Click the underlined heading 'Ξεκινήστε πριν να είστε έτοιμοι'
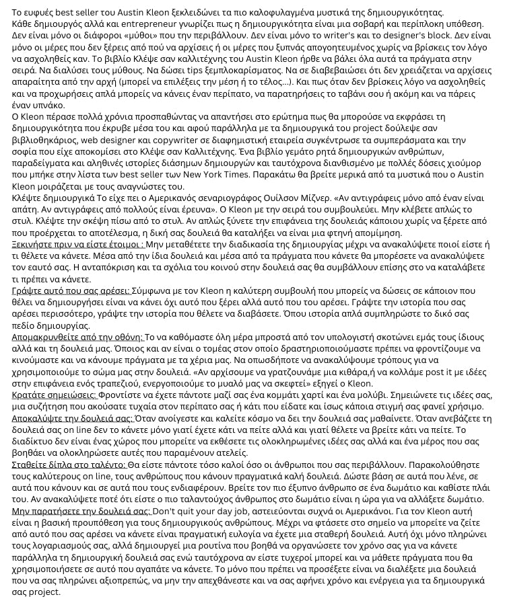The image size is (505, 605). click(x=77, y=245)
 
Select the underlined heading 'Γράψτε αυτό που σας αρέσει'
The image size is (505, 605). click(x=71, y=290)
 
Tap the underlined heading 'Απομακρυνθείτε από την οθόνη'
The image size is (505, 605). click(x=77, y=337)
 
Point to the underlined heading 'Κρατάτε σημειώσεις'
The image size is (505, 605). click(x=55, y=395)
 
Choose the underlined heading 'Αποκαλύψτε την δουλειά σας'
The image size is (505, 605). click(x=73, y=418)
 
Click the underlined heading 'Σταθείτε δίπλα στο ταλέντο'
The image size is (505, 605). click(x=68, y=465)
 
